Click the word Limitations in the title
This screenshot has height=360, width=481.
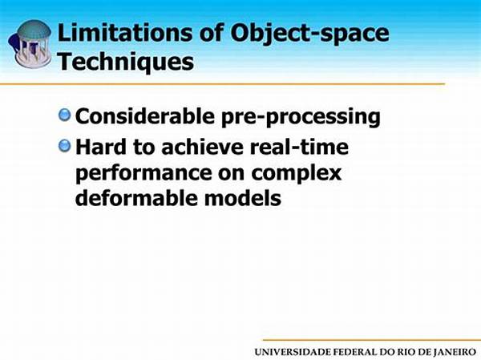[x=125, y=32]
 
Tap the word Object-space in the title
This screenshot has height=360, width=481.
[x=309, y=34]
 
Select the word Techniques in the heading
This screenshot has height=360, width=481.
[x=126, y=63]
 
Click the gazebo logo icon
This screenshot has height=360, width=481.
[x=30, y=43]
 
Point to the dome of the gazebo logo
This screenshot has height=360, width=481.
[x=34, y=30]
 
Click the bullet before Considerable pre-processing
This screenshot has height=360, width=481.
[x=64, y=115]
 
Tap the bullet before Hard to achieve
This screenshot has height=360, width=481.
[x=64, y=146]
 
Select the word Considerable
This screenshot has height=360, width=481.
[x=145, y=116]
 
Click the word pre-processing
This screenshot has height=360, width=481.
[x=301, y=118]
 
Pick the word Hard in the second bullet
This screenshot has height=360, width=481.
[x=101, y=147]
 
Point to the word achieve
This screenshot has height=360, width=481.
[x=202, y=147]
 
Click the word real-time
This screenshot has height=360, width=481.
[x=299, y=147]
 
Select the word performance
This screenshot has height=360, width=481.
[x=143, y=174]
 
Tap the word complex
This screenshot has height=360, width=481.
[x=297, y=174]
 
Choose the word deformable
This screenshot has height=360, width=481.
[x=136, y=197]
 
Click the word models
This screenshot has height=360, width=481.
[x=243, y=197]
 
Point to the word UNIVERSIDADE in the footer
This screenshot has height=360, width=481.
[x=293, y=352]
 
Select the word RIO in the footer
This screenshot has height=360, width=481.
[x=404, y=352]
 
